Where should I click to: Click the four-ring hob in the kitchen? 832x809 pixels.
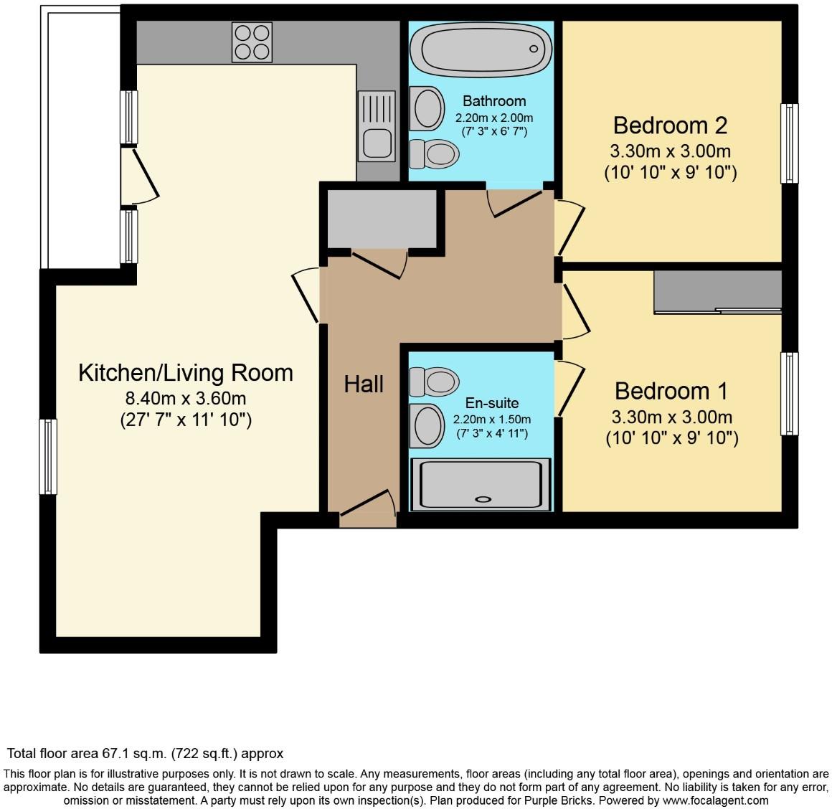[x=252, y=42]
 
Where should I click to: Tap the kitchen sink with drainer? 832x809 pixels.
[x=377, y=126]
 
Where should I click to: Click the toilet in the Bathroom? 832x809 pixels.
[x=434, y=154]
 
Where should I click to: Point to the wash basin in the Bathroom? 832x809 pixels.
[x=427, y=109]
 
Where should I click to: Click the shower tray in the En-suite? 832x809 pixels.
[x=481, y=485]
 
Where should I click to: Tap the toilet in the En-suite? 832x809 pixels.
[x=434, y=382]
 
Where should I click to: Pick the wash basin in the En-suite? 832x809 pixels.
[x=427, y=426]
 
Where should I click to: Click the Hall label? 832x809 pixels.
[x=364, y=384]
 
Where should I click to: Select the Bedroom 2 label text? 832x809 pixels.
[x=670, y=126]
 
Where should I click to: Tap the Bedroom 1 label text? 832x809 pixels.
[x=671, y=391]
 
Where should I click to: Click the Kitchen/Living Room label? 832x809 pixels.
[x=186, y=372]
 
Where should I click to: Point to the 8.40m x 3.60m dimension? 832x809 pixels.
[x=186, y=398]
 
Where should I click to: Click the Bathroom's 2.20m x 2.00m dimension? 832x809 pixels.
[x=494, y=118]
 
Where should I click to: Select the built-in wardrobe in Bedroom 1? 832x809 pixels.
[x=718, y=292]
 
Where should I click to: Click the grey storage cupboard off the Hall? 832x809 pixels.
[x=382, y=219]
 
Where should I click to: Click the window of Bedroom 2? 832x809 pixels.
[x=790, y=143]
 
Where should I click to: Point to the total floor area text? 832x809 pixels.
[x=145, y=753]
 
